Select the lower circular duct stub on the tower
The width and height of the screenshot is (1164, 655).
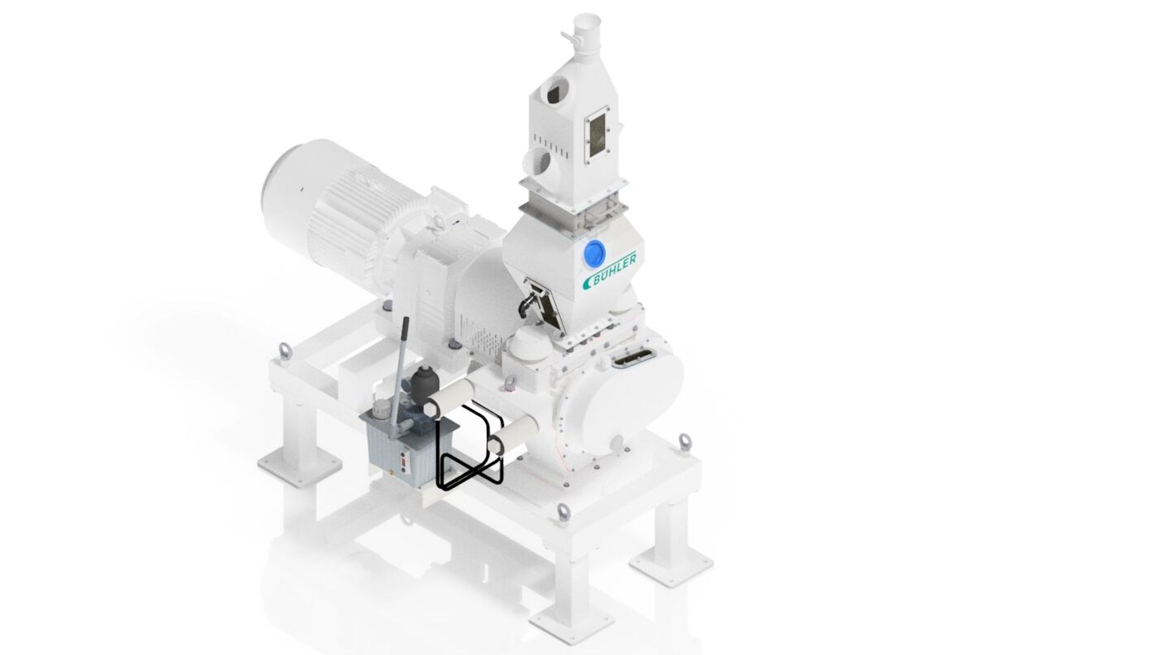pyautogui.click(x=540, y=162)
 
